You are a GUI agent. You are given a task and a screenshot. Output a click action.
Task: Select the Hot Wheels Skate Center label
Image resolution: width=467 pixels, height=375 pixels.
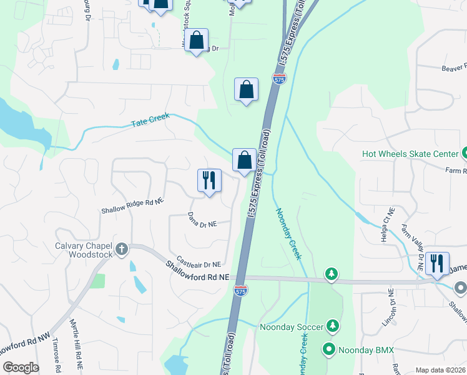click(x=410, y=154)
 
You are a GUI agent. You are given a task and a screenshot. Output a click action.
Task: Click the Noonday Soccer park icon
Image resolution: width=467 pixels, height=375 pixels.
click(x=333, y=326)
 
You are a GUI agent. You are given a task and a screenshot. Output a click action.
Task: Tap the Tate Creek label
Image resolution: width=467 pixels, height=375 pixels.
click(x=150, y=122)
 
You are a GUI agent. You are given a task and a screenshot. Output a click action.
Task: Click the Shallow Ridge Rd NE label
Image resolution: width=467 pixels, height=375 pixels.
click(x=132, y=206)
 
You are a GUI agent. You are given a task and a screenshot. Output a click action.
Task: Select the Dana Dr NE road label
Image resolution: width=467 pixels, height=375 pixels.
click(x=202, y=219)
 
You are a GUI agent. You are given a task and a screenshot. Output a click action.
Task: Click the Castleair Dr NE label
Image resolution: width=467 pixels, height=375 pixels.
click(x=199, y=262)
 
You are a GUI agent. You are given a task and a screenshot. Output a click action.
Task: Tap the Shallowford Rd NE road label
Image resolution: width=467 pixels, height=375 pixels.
click(x=197, y=272)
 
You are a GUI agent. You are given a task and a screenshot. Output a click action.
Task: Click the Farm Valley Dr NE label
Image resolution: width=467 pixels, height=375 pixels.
click(x=413, y=247)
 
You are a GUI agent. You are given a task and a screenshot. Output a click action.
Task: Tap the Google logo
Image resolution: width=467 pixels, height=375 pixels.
click(x=20, y=367)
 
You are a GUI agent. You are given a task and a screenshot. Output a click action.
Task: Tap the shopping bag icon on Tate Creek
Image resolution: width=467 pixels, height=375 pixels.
click(x=244, y=161)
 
